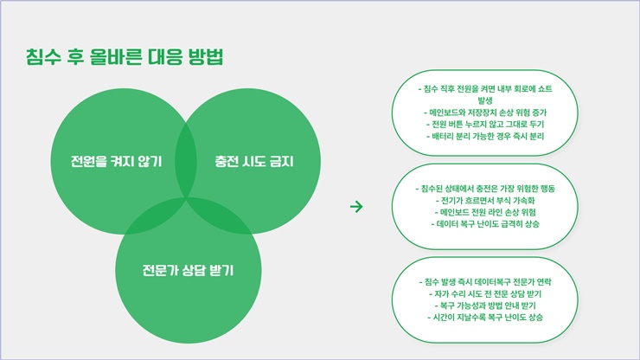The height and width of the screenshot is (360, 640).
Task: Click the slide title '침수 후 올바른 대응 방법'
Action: coord(125,57)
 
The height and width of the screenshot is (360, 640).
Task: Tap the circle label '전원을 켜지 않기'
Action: coord(117,162)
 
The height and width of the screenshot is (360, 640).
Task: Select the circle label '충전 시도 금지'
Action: coord(254,162)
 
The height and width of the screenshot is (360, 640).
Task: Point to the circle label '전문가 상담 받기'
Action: coord(188,270)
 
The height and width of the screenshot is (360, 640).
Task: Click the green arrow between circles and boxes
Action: coord(356,206)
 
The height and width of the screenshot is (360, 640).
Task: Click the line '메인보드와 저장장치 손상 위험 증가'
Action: coord(485,112)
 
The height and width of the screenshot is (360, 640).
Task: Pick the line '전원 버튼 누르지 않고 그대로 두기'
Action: coord(485,125)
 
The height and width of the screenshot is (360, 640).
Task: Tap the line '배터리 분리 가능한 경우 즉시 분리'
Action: coord(485,136)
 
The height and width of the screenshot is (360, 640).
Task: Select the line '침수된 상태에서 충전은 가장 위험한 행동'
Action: coord(485,189)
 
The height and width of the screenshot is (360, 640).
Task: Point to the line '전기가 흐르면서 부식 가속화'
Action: coord(485,200)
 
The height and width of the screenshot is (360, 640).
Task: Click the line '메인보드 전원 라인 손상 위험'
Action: coord(485,212)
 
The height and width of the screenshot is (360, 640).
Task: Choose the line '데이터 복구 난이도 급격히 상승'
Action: coord(485,224)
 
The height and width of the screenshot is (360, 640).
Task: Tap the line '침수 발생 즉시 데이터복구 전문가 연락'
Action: coord(485,281)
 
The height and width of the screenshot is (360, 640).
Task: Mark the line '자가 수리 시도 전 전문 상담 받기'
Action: coord(485,293)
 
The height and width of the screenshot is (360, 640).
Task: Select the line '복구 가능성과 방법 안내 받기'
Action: coord(485,305)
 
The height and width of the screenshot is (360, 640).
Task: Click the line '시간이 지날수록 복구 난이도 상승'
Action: coord(485,317)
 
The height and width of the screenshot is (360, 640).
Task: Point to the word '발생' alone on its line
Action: coord(485,100)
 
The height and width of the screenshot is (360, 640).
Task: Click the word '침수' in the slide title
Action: coord(43,57)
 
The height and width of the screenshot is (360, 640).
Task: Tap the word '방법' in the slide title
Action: coord(206,57)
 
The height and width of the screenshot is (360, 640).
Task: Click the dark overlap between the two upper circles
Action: coord(186,161)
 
